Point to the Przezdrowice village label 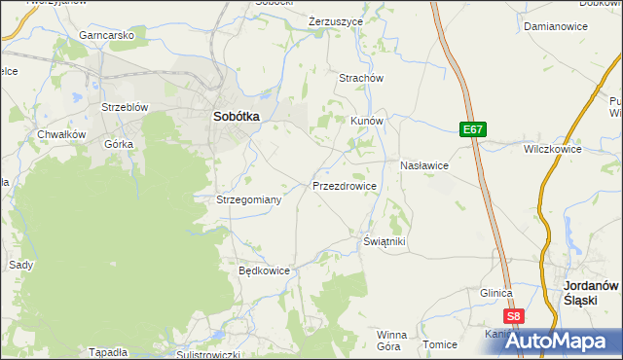point(344,185)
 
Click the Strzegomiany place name point(248,199)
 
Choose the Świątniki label point(384,240)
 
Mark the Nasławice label point(423,165)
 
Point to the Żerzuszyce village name point(335,20)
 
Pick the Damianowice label point(555,27)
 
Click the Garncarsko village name point(107,35)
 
